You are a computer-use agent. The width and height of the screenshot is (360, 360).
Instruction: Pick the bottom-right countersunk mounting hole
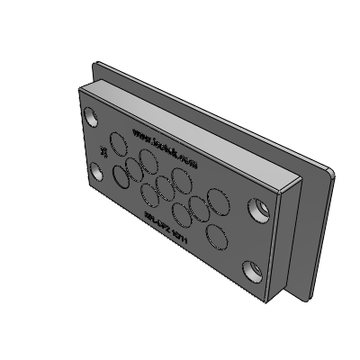tap(251, 268)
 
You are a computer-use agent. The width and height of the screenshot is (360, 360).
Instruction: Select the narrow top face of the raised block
tap(189, 126)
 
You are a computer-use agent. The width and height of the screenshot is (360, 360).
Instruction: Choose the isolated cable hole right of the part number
tap(217, 236)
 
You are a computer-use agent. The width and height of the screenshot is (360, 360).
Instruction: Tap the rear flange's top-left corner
tap(97, 63)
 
